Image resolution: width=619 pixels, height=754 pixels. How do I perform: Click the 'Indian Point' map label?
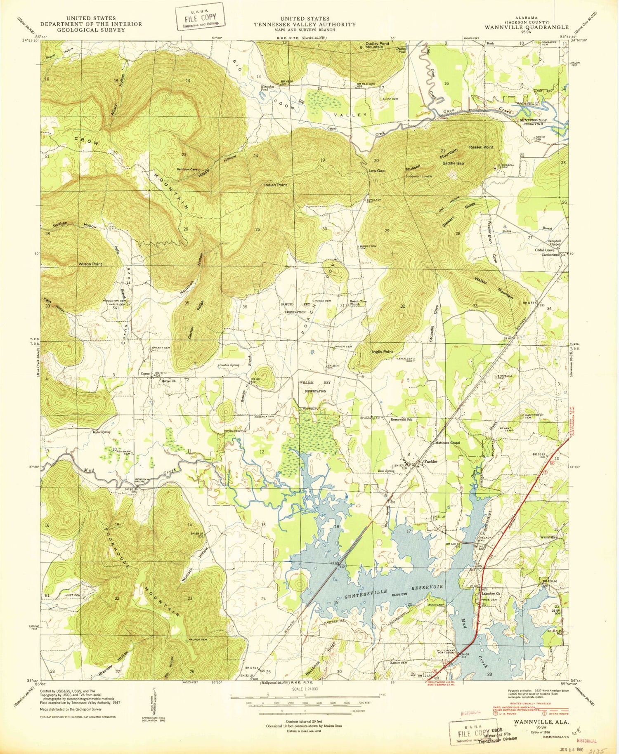pos(275,185)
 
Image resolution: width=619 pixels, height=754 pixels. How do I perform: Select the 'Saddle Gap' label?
pos(453,163)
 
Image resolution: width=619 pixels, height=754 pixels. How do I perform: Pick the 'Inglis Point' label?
pos(382,351)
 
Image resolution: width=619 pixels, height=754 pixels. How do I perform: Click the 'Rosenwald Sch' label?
pos(401,419)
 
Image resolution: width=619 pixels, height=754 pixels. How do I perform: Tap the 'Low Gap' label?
pos(376,170)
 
